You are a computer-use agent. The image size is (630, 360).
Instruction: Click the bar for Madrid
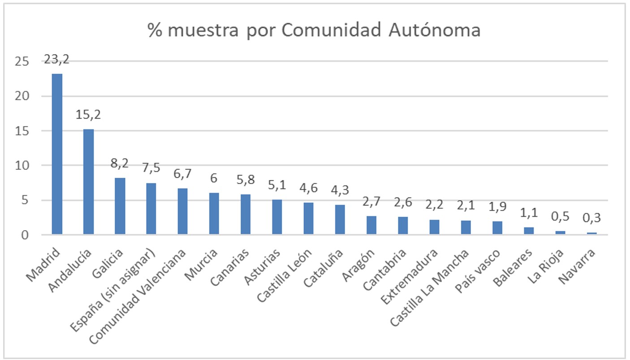(57, 154)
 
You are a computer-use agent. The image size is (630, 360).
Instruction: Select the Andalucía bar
(88, 182)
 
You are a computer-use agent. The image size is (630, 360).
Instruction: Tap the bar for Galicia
(120, 206)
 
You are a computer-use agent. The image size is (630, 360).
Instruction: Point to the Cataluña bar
(340, 219)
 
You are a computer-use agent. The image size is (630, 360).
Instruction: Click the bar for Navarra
(591, 233)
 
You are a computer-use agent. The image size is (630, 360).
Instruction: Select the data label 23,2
(57, 60)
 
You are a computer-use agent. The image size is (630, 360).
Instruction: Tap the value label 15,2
(88, 115)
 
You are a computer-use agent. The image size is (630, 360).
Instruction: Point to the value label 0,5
(560, 218)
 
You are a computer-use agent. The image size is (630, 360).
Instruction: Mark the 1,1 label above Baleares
(529, 214)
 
